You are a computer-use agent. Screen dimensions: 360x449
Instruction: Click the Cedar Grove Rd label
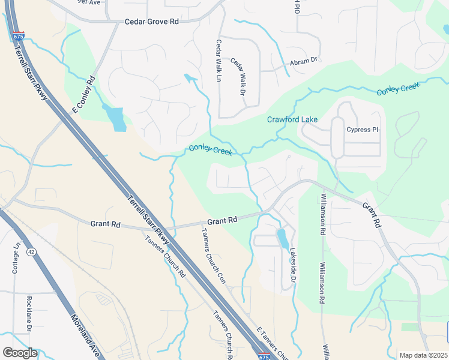point(152,22)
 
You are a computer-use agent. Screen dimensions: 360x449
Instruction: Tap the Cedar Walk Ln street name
point(219,61)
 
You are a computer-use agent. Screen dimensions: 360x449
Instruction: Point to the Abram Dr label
point(303,61)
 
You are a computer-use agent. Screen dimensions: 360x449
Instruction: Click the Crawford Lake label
point(292,119)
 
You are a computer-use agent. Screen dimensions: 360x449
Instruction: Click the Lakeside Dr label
point(294,265)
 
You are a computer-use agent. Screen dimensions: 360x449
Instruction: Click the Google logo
point(20,353)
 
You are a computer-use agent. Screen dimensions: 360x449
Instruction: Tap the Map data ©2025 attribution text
point(423,355)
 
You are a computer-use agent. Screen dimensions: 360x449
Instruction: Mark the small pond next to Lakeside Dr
point(282,238)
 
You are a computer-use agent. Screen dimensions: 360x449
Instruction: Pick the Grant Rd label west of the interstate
point(106,224)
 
